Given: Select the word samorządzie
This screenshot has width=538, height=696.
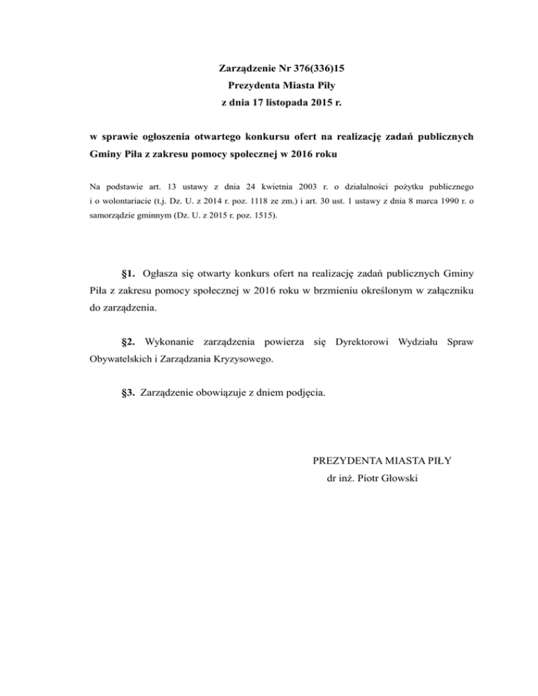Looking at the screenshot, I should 116,216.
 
